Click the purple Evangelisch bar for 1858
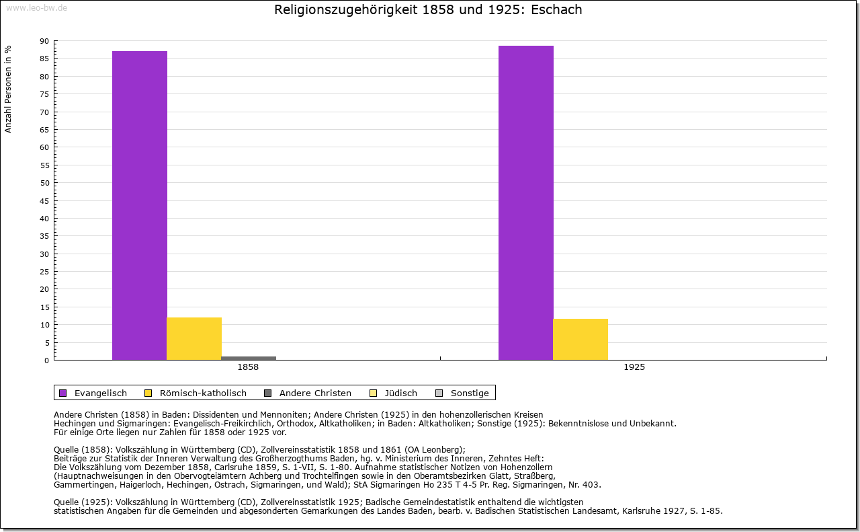(140, 205)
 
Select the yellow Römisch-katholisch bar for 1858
(194, 338)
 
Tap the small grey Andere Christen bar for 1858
(249, 358)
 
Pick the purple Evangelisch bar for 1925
(526, 202)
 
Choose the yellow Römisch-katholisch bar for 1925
(580, 339)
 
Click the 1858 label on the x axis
(248, 368)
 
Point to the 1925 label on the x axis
(634, 368)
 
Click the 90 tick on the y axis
(44, 41)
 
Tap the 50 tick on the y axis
(44, 183)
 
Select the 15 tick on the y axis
(44, 307)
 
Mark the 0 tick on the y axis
(46, 360)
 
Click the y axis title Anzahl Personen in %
(8, 89)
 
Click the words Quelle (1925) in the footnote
(83, 502)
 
